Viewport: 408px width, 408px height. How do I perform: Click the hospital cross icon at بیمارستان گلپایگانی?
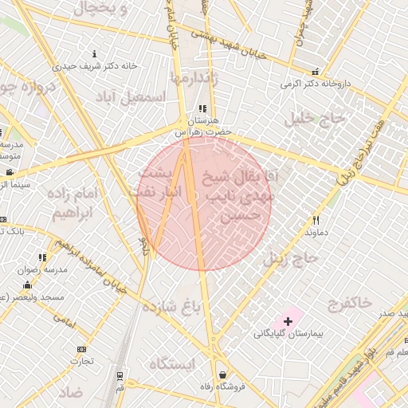point(288,321)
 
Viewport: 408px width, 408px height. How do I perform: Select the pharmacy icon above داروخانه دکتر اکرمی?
point(316,71)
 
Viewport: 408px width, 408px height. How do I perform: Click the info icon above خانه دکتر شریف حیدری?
point(95,54)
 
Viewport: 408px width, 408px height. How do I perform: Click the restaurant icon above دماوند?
point(316,220)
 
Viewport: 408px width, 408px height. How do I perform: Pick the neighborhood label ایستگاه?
point(171,364)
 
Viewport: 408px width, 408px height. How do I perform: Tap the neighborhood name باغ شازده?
point(169,305)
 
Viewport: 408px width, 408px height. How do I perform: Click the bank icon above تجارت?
point(80,349)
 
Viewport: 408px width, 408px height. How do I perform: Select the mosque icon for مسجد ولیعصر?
point(28,285)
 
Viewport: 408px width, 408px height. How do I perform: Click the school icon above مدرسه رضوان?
point(42,257)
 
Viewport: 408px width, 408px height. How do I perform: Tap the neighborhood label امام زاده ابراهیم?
point(83,204)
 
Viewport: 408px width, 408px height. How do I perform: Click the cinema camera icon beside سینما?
point(9,173)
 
